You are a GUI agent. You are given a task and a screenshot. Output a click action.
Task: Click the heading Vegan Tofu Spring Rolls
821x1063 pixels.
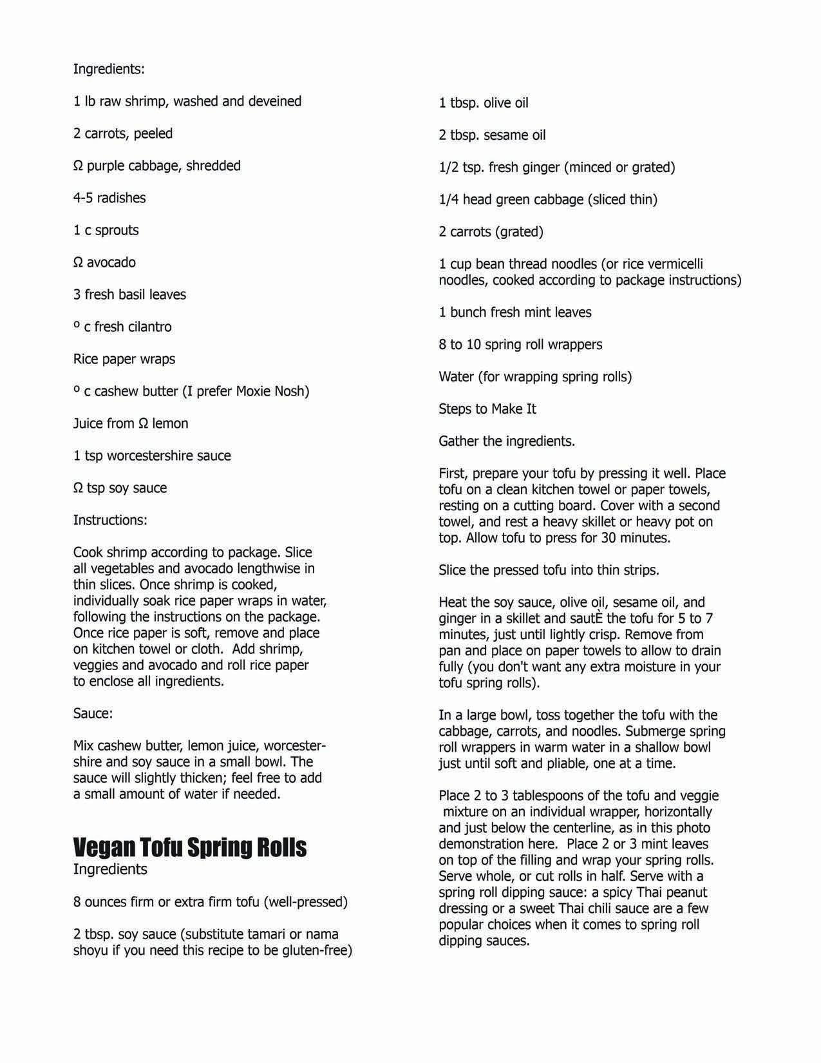pos(189,847)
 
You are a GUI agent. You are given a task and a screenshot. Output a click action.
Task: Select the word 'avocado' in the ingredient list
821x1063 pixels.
pos(111,262)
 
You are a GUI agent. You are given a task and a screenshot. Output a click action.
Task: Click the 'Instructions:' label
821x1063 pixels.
pos(110,520)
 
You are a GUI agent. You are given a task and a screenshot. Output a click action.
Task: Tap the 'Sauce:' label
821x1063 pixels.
pos(93,713)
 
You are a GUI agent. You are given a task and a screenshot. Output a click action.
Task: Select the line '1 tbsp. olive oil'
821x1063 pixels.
pos(484,102)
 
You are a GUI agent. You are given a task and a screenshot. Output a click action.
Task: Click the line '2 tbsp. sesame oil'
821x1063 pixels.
pos(492,135)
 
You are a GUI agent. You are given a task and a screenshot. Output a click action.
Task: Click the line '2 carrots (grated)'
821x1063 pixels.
pos(491,231)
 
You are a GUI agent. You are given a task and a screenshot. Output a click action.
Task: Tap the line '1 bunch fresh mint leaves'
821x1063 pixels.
pos(514,312)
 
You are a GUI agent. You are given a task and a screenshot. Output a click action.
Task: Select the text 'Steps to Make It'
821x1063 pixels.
pos(487,408)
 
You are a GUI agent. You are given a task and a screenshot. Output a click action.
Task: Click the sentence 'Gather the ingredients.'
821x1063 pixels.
pos(507,441)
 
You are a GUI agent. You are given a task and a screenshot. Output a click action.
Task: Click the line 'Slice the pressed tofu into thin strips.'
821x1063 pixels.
pos(549,570)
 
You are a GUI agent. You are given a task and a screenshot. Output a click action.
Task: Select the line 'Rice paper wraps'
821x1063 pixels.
pos(124,359)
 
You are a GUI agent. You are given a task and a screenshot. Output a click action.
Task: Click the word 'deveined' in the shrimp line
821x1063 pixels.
pos(274,101)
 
